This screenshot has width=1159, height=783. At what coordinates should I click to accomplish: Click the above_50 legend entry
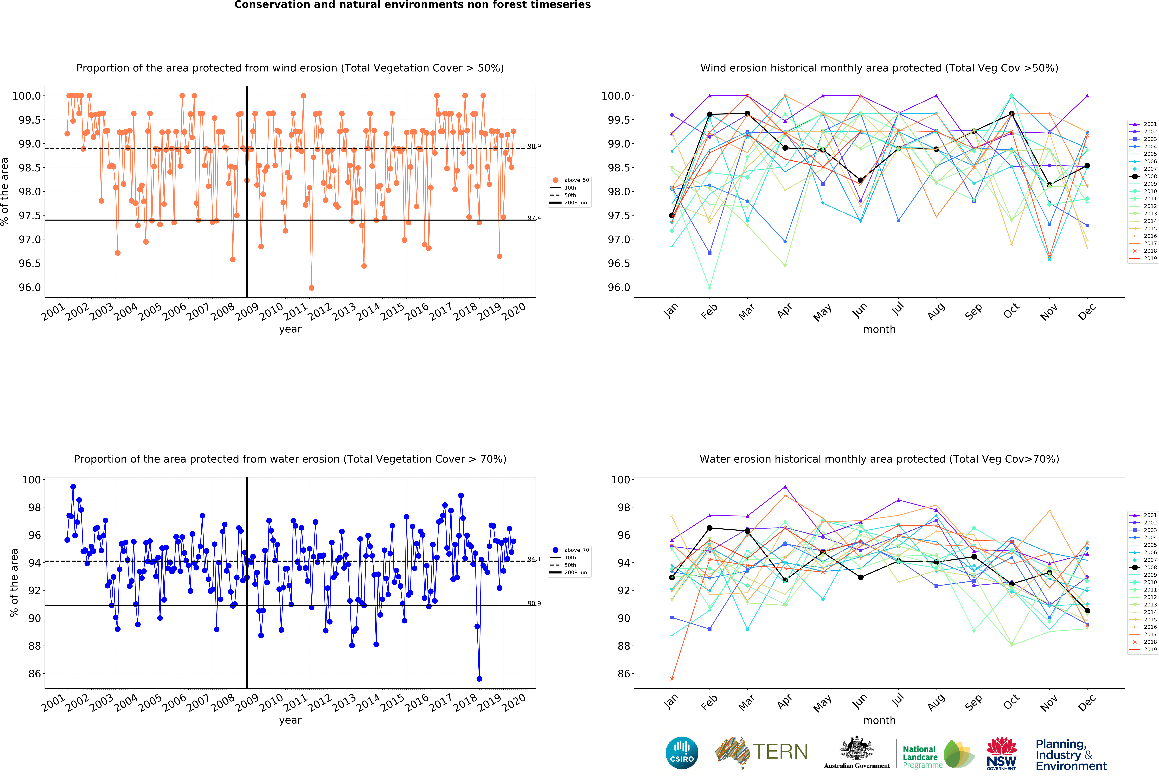[576, 180]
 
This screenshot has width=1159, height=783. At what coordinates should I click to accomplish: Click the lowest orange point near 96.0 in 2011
[312, 288]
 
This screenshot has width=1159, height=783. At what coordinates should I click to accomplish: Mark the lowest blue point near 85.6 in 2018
[479, 679]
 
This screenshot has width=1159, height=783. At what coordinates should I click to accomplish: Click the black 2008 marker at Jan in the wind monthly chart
[672, 215]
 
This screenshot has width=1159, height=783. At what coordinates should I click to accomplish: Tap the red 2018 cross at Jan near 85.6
[672, 679]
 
